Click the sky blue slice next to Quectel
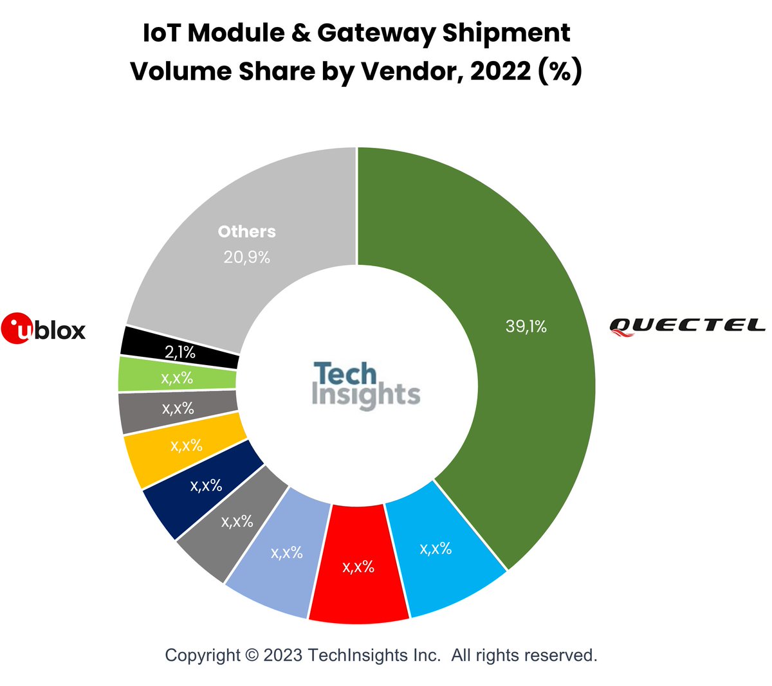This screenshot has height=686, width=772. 444,559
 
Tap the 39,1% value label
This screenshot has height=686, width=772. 526,327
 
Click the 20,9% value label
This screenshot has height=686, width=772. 247,258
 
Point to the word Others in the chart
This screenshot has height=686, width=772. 247,231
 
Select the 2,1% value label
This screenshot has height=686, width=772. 180,352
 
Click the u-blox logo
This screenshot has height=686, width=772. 43,329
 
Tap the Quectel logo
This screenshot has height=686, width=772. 687,326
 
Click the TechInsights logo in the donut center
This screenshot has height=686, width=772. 365,385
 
